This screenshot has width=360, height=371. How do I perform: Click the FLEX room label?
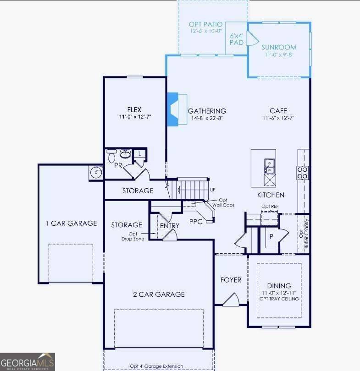[134, 109]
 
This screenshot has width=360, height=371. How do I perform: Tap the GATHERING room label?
[207, 111]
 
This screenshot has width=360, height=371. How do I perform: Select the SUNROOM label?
[279, 47]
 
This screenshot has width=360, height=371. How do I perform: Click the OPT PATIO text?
[205, 24]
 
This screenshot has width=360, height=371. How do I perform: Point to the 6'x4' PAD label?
[237, 38]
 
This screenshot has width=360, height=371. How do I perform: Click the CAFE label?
[278, 111]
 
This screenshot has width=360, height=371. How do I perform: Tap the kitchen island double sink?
[269, 166]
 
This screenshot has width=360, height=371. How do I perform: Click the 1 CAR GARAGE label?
[71, 224]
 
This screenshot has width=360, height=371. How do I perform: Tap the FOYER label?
[231, 280]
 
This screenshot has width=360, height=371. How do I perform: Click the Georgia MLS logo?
[28, 361]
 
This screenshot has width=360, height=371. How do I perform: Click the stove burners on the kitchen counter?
[303, 172]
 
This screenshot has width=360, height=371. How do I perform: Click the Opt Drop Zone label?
[130, 236]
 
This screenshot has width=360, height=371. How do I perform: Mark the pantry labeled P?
[271, 236]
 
